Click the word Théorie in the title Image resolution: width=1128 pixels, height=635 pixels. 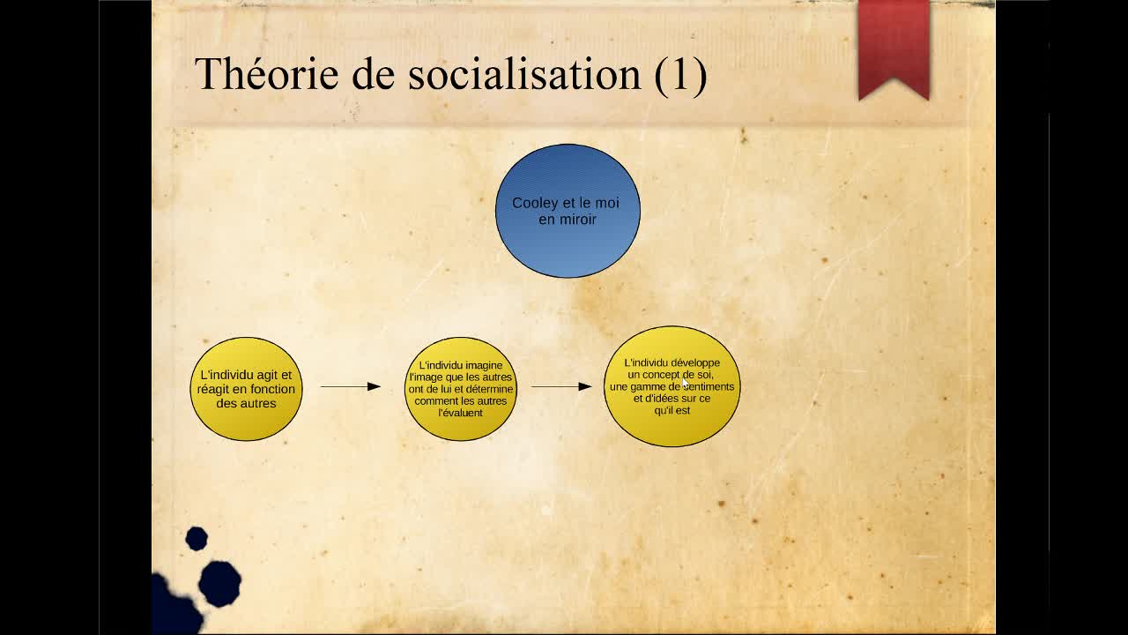266,73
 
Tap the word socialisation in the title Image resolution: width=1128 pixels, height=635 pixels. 524,73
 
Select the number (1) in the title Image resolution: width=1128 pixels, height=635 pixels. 681,75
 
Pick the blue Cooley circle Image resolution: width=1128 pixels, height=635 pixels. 568,211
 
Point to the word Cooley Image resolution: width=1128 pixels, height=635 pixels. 535,203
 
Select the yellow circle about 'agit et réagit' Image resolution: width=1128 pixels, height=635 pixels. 246,389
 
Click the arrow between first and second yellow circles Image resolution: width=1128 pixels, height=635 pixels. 351,386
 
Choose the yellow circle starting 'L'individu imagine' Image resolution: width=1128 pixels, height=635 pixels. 460,389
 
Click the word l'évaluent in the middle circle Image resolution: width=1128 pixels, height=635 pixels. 460,413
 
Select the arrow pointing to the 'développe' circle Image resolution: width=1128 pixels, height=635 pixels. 561,386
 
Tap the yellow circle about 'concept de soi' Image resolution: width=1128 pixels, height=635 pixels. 672,386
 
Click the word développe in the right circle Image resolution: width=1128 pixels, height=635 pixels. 695,363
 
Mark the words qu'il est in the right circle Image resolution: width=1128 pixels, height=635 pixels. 672,410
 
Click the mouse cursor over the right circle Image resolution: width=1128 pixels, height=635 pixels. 686,383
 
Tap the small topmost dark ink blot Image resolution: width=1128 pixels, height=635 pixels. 197,539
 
